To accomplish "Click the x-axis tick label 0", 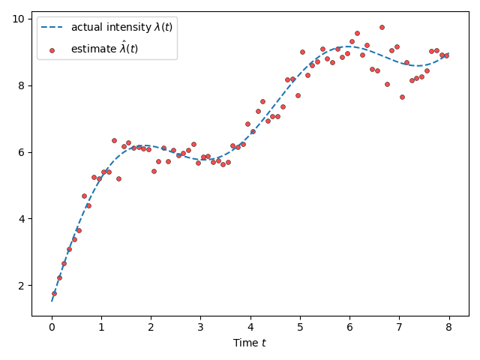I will (52, 327).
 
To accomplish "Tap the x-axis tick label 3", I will (201, 327).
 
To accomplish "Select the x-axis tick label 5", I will (300, 327).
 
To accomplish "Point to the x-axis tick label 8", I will (448, 327).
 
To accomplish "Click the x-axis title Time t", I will (250, 343).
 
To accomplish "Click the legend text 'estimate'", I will (104, 49).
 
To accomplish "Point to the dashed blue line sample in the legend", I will (52, 28).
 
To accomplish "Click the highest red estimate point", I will (382, 27).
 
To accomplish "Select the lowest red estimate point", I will (54, 293).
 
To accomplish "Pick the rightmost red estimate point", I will (446, 55).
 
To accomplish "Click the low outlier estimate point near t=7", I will (402, 97).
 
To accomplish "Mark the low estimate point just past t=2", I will (154, 171).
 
